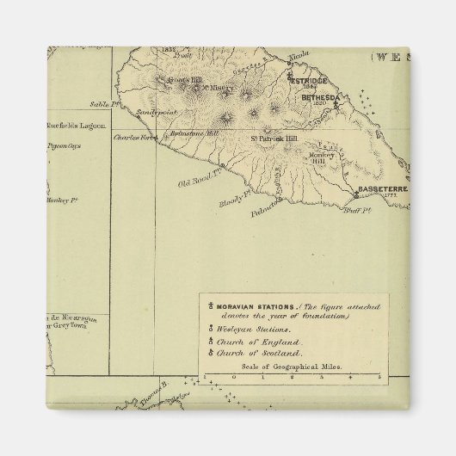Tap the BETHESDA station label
click(x=321, y=97)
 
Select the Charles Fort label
click(x=133, y=135)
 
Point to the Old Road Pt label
click(x=196, y=182)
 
